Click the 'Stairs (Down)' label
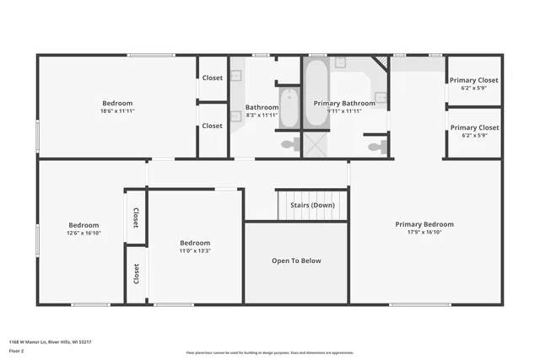312,205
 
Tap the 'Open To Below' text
296,261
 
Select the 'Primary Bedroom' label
424,224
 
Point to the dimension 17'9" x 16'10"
424,233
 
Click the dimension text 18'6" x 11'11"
117,111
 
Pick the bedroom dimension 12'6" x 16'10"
84,234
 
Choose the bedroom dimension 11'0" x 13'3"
195,250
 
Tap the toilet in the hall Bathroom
288,144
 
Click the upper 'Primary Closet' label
473,80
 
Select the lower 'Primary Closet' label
473,127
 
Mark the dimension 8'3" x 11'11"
262,116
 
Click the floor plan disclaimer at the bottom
270,352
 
